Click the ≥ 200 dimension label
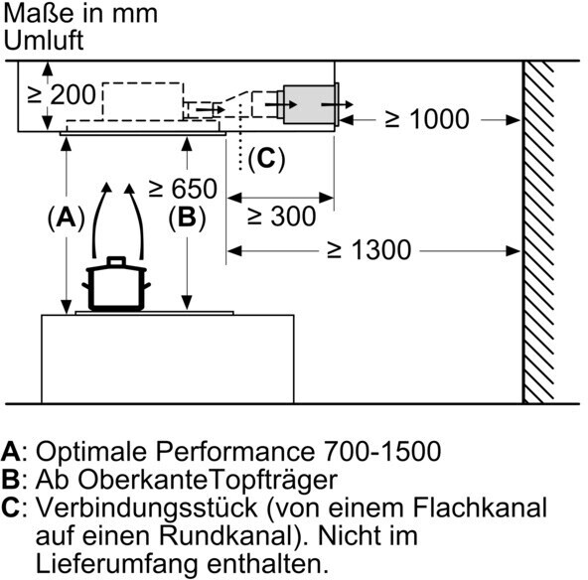click(x=62, y=94)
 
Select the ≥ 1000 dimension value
click(x=427, y=119)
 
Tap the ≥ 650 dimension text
click(x=183, y=189)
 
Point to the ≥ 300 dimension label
click(x=282, y=217)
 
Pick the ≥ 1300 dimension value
click(x=369, y=249)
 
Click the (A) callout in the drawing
click(x=67, y=217)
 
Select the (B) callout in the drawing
click(x=187, y=217)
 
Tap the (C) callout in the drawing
click(x=266, y=159)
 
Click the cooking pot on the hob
click(x=116, y=284)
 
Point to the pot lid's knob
click(x=116, y=261)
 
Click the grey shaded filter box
click(x=311, y=104)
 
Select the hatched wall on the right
click(x=538, y=232)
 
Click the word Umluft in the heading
click(x=44, y=40)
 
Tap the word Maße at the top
click(x=38, y=13)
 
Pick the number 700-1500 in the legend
click(x=381, y=451)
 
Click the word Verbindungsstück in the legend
click(x=147, y=508)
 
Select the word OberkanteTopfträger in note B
click(x=208, y=481)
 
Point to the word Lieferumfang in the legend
click(x=116, y=563)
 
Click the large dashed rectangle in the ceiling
click(x=143, y=101)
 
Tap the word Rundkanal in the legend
click(x=226, y=535)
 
